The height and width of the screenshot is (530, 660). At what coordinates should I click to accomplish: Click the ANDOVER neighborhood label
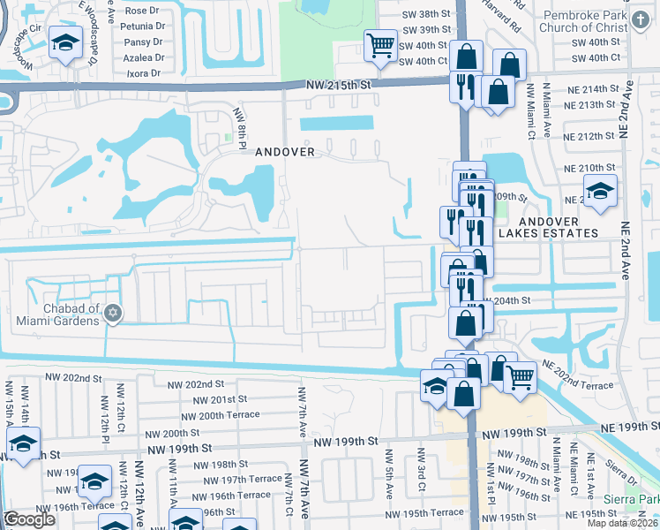(x=285, y=152)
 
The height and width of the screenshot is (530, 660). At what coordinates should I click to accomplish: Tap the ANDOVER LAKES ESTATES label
(x=548, y=227)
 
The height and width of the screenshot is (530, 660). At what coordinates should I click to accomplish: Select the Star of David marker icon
(x=112, y=313)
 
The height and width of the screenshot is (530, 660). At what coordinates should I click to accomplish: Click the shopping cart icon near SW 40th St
(x=380, y=45)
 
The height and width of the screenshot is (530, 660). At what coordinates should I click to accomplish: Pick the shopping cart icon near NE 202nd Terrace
(x=521, y=378)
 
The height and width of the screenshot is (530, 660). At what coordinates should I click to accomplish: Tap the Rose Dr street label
(x=144, y=11)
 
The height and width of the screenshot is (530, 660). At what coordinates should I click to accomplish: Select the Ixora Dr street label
(x=144, y=72)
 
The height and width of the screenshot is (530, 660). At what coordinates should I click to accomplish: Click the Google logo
(x=29, y=519)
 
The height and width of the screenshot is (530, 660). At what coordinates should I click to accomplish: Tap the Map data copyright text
(x=624, y=523)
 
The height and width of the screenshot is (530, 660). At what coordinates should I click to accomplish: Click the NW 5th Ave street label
(x=389, y=466)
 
